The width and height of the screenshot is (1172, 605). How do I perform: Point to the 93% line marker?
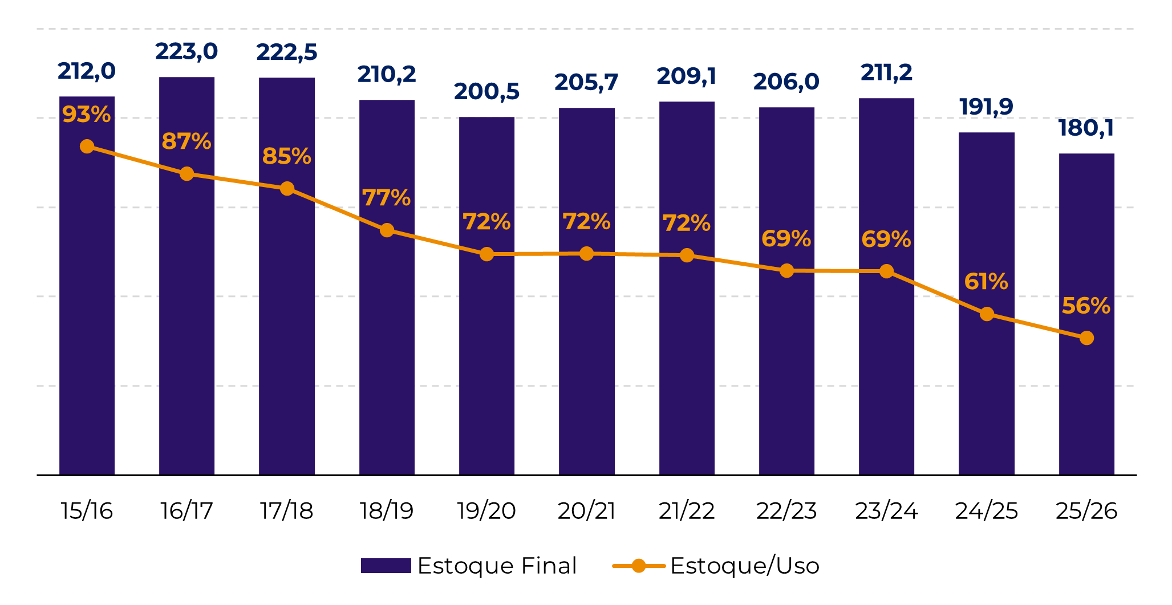click(87, 147)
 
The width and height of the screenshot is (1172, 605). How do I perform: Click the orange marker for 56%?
click(1086, 338)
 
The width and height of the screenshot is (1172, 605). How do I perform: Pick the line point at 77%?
click(387, 230)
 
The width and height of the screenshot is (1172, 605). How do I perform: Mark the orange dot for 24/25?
click(987, 314)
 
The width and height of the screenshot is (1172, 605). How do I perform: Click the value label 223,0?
click(186, 52)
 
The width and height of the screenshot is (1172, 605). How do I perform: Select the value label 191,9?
click(986, 107)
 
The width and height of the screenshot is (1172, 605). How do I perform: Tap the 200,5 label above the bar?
click(486, 92)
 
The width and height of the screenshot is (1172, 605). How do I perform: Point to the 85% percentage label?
click(286, 156)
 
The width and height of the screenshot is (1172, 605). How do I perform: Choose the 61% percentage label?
click(986, 282)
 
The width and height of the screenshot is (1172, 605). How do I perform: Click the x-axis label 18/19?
click(387, 511)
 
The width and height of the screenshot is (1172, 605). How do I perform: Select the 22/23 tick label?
click(786, 511)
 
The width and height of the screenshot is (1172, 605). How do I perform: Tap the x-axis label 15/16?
click(87, 511)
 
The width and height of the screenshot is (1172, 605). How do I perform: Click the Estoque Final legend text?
click(497, 566)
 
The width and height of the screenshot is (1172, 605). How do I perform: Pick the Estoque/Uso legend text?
click(745, 566)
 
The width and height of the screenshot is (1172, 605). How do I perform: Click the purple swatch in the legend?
click(386, 566)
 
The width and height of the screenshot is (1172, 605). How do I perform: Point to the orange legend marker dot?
click(639, 566)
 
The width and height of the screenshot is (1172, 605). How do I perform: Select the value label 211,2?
click(886, 73)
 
